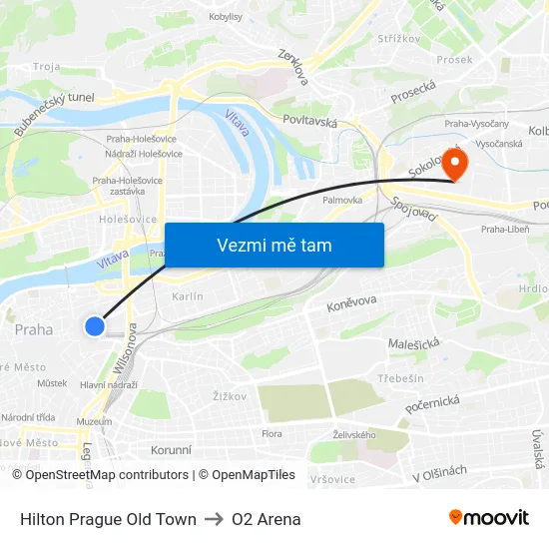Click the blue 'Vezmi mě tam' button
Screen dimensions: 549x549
pos(274,245)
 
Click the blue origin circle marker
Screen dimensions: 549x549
pos(95,326)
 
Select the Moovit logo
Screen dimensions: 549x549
pos(489,518)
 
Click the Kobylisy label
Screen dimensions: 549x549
pos(227,17)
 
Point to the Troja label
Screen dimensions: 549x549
pos(46,67)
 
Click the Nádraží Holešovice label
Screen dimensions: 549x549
pos(145,154)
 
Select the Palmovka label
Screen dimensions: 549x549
pos(342,200)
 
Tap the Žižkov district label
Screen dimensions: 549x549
pos(229,396)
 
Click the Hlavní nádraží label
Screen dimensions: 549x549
pos(108,384)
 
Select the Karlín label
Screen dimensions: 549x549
pos(188,296)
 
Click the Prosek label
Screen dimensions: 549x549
pos(454,59)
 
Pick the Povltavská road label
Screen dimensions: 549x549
pos(311,124)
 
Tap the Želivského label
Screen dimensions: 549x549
pos(354,434)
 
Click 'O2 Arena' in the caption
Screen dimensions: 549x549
pos(266,519)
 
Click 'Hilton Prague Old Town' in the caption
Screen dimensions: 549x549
pos(108,519)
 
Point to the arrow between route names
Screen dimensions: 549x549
pos(214,519)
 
